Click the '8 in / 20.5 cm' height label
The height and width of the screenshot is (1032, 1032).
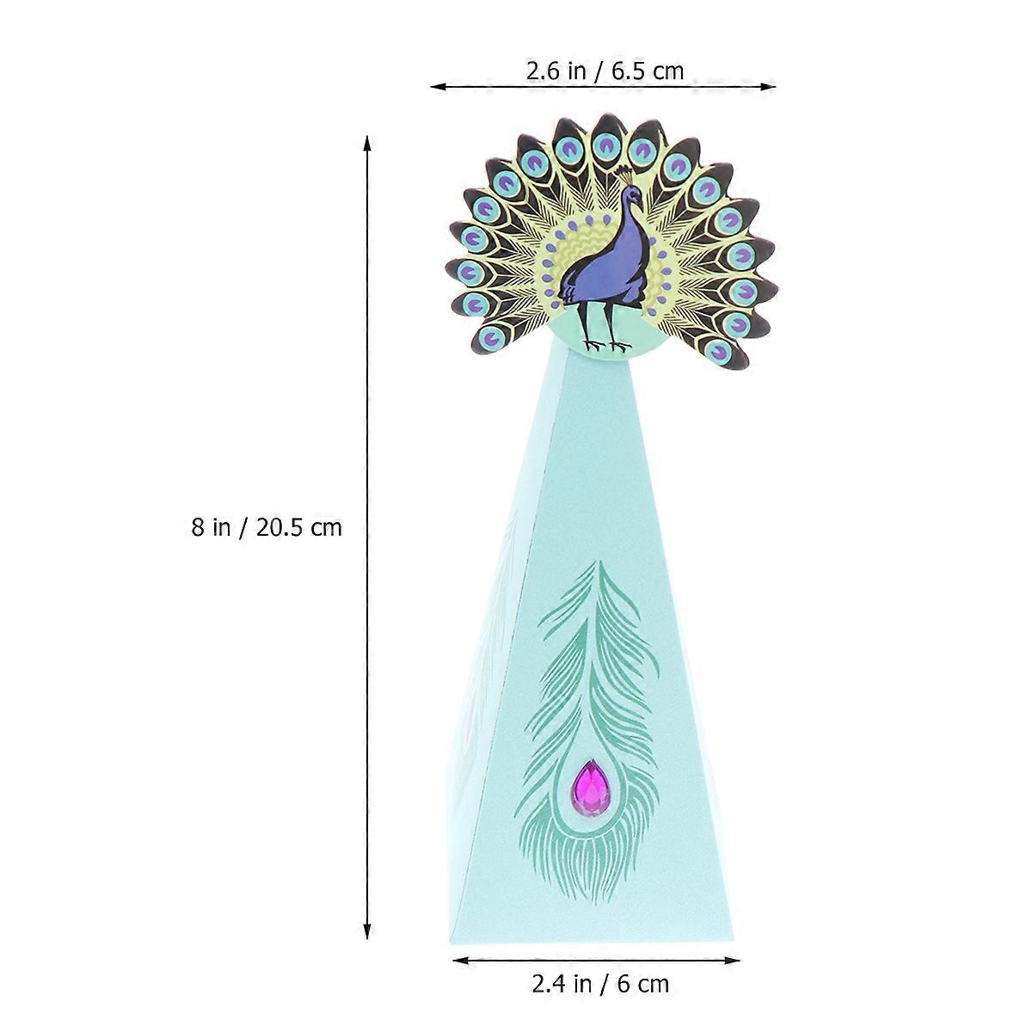tap(267, 526)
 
